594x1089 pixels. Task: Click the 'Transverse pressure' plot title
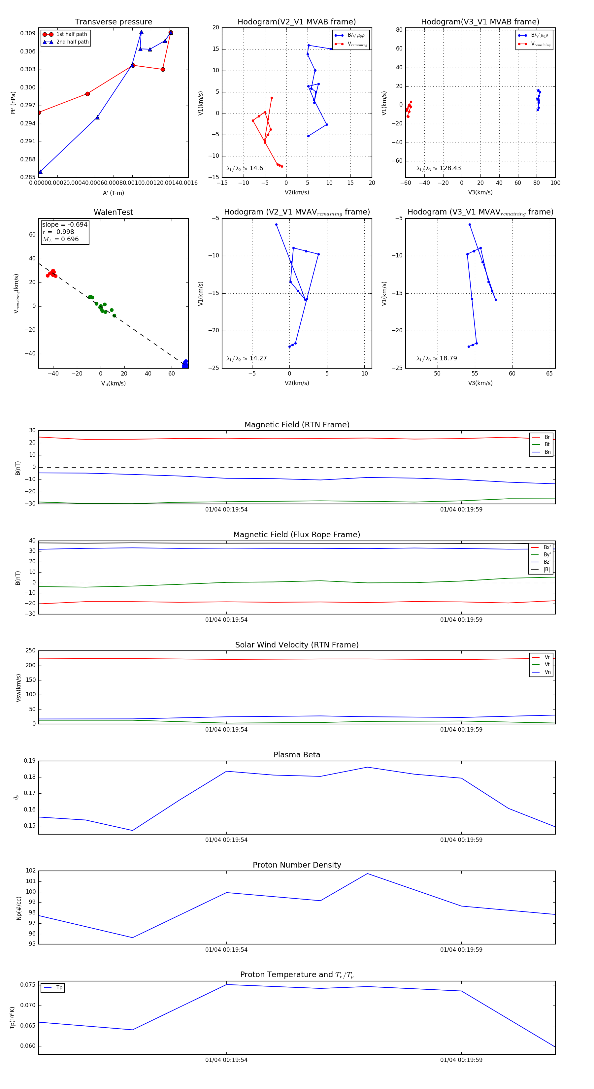click(113, 22)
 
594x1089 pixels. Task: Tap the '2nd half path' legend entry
click(72, 42)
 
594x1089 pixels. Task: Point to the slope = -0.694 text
click(65, 224)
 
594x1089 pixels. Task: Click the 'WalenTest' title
click(113, 212)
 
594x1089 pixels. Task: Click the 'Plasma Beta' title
click(297, 755)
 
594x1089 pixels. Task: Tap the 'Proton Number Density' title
click(297, 865)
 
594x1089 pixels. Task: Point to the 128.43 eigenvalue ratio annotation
click(439, 168)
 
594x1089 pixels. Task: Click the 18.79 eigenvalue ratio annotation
click(436, 358)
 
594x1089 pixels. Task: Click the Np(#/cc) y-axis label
click(18, 908)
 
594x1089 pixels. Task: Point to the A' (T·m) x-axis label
click(113, 193)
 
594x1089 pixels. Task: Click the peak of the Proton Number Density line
click(367, 874)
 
